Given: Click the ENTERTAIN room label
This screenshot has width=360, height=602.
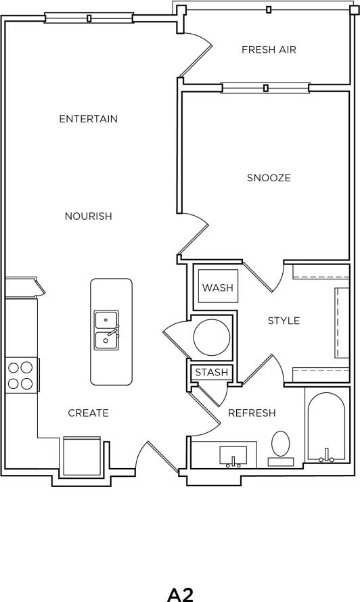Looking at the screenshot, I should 88,119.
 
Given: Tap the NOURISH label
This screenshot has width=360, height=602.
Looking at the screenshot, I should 88,216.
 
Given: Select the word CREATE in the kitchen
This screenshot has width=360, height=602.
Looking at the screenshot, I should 88,413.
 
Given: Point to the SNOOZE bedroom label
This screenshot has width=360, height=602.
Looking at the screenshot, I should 269,178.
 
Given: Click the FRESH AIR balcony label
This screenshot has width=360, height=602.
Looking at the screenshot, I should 269,49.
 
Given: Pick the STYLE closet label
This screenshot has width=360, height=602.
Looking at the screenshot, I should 284,321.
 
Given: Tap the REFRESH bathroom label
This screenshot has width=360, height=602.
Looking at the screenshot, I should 252,413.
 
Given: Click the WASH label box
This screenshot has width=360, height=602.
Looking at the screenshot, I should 217,288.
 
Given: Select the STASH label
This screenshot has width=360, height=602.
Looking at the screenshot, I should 212,373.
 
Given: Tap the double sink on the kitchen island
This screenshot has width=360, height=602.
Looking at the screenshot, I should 107,329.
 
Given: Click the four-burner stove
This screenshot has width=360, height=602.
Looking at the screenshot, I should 20,376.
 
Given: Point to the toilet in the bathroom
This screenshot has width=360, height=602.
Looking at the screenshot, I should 281,447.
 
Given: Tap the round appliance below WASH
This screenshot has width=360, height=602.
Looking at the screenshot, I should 211,337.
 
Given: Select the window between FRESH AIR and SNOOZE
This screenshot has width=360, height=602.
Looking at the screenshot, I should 265,87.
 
